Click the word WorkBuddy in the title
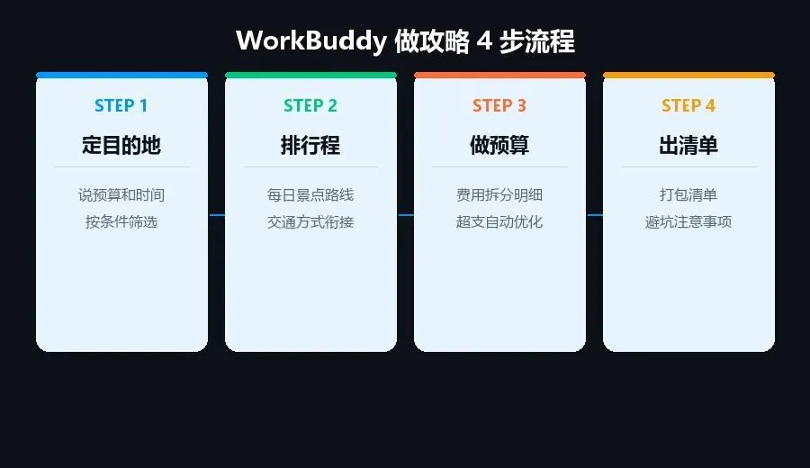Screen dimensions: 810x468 [x=310, y=41]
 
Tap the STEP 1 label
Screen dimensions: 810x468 [x=121, y=106]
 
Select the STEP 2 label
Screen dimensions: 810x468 [x=310, y=106]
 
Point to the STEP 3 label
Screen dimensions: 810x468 [x=499, y=106]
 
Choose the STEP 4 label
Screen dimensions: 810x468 [x=688, y=106]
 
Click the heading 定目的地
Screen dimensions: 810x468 [x=121, y=146]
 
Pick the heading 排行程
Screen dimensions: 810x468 [x=310, y=146]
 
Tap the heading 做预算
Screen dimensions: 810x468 [x=499, y=146]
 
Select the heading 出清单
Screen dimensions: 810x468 [x=688, y=146]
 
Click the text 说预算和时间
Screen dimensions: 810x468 [x=121, y=195]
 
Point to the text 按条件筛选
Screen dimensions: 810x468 [x=121, y=222]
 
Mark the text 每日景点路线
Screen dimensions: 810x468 [x=310, y=195]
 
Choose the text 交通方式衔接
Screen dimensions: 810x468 [x=310, y=222]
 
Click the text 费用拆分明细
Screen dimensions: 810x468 [x=499, y=195]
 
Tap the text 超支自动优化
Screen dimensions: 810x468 [x=499, y=222]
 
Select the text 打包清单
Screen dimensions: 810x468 [x=688, y=195]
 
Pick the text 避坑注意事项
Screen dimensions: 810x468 [x=688, y=222]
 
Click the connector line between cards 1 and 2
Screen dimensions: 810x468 [x=216, y=215]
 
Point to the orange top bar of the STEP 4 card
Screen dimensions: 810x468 [x=688, y=75]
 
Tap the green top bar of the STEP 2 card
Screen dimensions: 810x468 [x=310, y=75]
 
